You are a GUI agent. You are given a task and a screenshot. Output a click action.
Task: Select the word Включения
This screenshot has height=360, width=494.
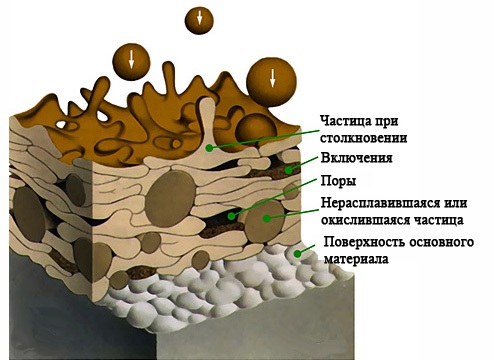click(355, 158)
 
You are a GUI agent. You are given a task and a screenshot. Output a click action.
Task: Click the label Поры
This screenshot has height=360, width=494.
click(338, 183)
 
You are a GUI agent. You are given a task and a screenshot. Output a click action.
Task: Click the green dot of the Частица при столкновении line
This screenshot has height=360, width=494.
click(207, 148)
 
